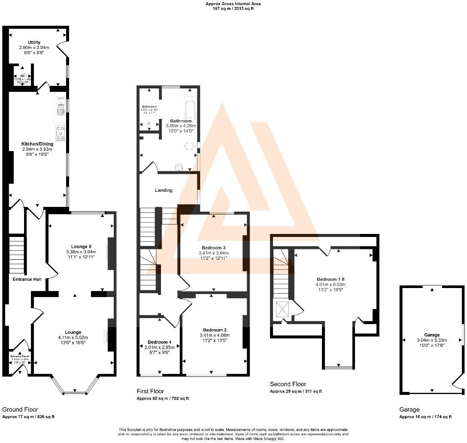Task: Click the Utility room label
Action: point(34,42)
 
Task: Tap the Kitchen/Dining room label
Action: point(38,144)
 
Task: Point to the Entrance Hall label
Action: point(27,279)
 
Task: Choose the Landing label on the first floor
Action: point(164,190)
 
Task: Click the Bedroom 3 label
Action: point(213,248)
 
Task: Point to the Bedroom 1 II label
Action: point(331,278)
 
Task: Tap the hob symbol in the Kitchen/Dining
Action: point(60,133)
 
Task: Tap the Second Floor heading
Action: point(288,384)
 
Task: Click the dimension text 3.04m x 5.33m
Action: point(432,340)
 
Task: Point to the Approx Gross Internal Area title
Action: point(233,3)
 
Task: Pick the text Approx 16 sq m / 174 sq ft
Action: point(425,417)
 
